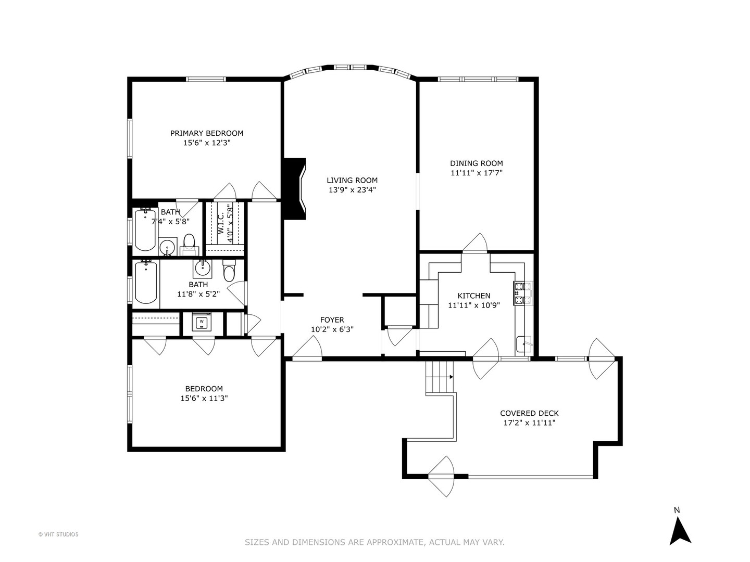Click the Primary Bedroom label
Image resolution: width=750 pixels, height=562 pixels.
[x=207, y=133]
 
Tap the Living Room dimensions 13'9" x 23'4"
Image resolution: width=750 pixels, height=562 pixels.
[x=352, y=190]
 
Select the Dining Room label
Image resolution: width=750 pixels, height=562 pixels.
[x=477, y=163]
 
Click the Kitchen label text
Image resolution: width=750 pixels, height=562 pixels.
[x=473, y=296]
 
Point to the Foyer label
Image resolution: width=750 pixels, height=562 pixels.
[x=332, y=320]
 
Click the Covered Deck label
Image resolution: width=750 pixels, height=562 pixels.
[x=529, y=413]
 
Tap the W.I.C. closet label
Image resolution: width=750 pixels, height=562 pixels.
[x=221, y=222]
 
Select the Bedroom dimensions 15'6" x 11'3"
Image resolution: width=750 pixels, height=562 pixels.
[x=204, y=399]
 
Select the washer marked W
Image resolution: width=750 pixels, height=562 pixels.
[x=201, y=323]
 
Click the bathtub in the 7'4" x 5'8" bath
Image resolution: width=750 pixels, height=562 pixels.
[x=145, y=229]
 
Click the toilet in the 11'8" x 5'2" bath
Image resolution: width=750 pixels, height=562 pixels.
[x=229, y=272]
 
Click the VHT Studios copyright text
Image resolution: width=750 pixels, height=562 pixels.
[x=58, y=534]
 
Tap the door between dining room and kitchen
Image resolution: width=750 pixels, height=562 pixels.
[x=474, y=244]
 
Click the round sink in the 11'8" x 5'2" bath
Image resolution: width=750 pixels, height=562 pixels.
[x=202, y=269]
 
